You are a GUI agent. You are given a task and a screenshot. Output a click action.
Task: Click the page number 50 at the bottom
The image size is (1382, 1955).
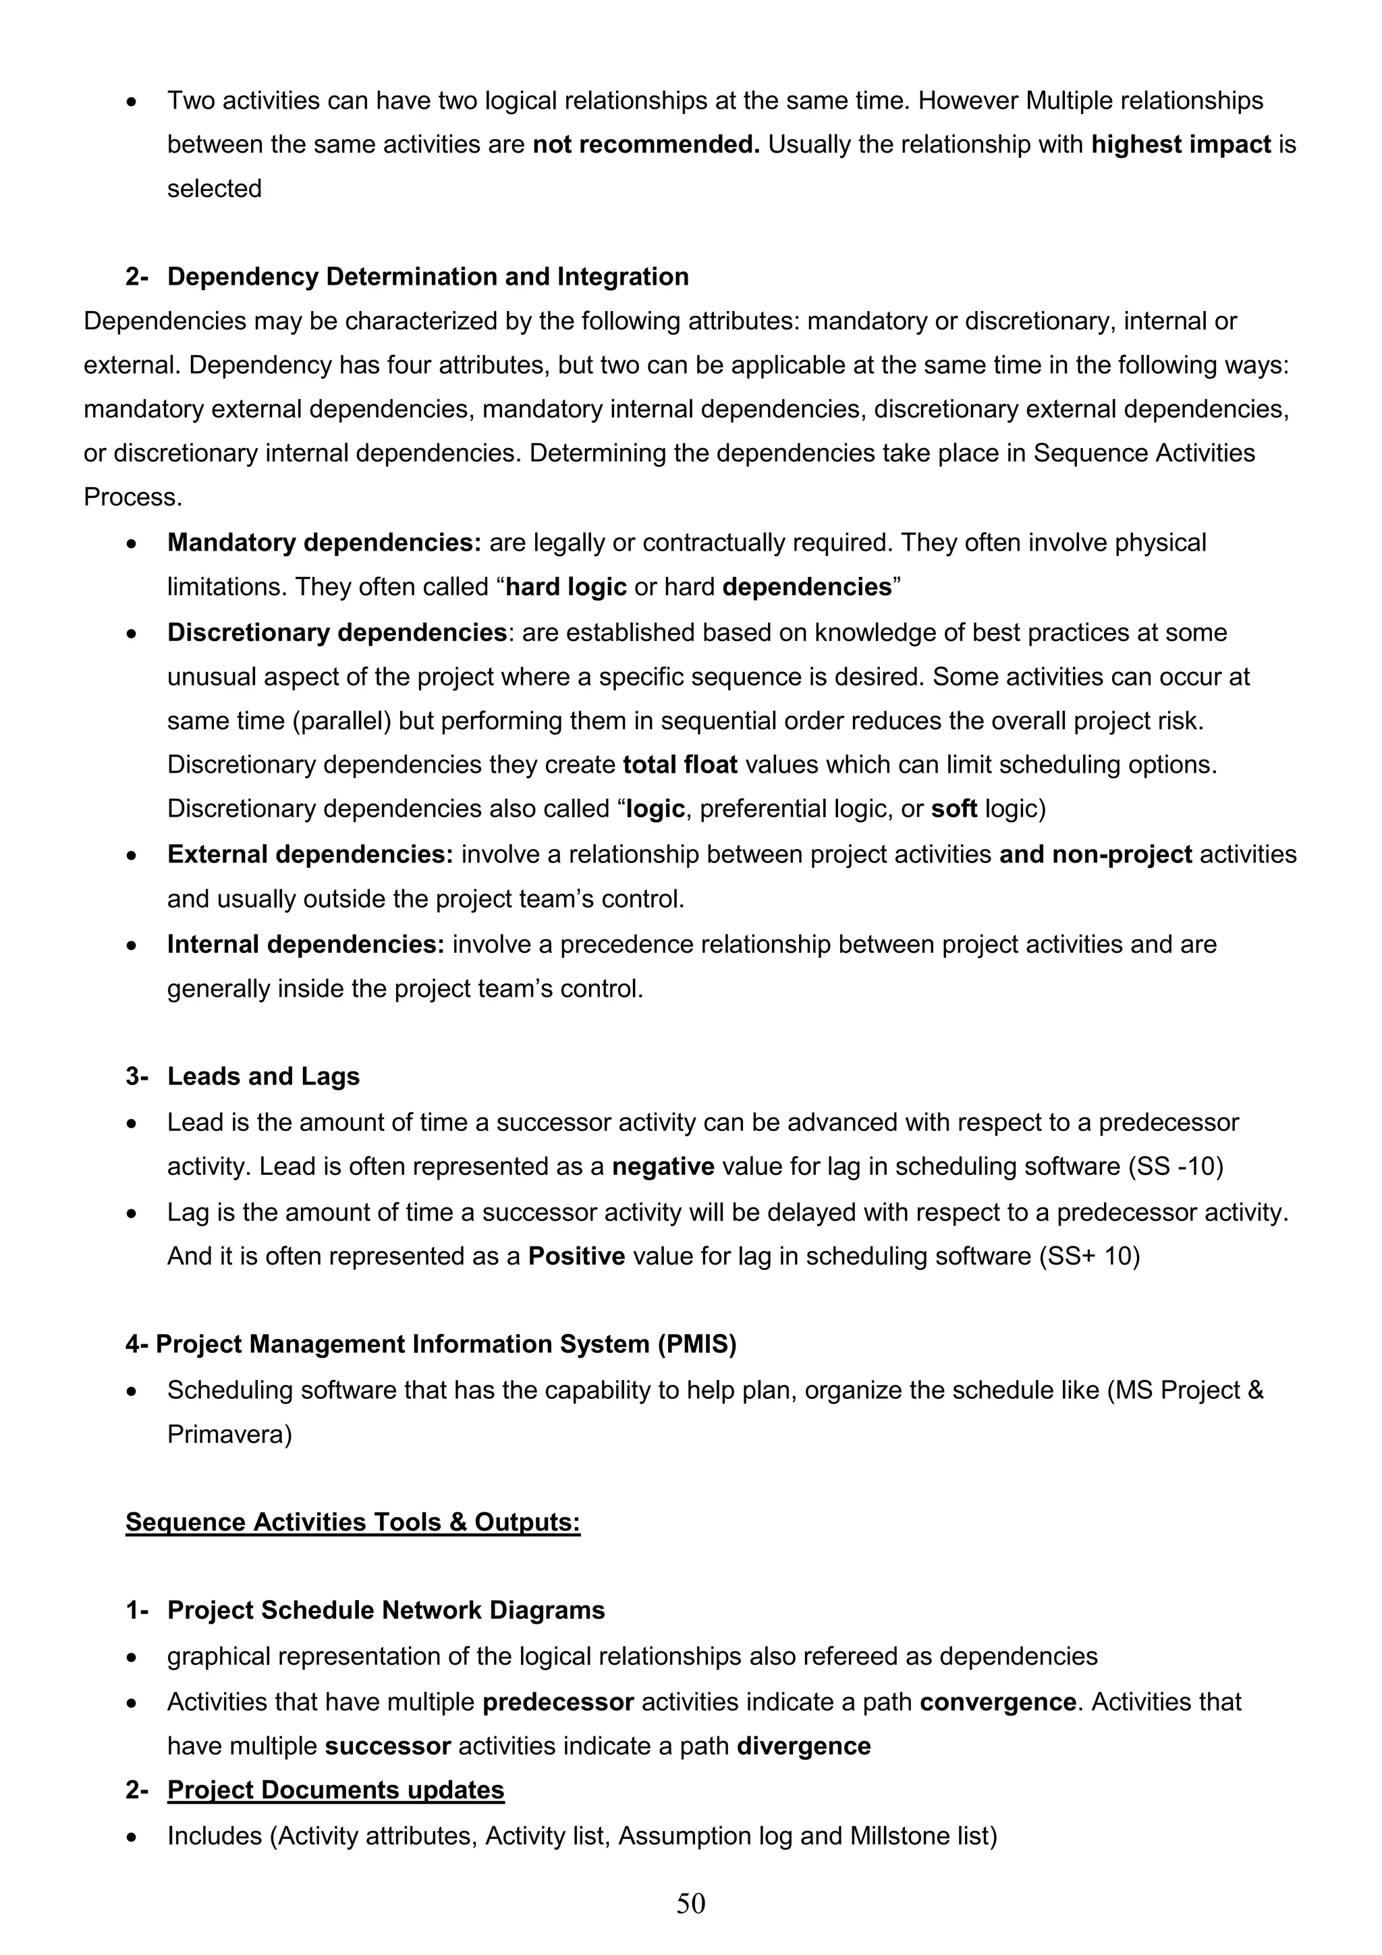tap(690, 1903)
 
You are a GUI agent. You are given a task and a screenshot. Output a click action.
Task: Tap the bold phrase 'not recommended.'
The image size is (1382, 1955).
tap(645, 144)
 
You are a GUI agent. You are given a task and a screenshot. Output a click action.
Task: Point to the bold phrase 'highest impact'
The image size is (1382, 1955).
tap(1180, 144)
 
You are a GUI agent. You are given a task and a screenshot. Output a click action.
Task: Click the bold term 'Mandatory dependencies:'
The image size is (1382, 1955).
tap(324, 543)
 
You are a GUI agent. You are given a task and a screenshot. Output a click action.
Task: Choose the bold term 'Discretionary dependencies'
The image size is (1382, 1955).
tap(337, 632)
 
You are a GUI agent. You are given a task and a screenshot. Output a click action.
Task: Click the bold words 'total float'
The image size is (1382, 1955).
tap(680, 765)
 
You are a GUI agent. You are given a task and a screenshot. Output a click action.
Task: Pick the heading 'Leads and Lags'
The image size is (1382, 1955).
tap(263, 1076)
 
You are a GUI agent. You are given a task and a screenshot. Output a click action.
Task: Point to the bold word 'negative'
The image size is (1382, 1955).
tap(663, 1167)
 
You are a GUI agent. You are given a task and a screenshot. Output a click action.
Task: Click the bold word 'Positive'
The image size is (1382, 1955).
tap(576, 1256)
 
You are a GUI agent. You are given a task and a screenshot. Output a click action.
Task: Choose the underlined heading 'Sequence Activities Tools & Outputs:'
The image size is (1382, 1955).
tap(352, 1522)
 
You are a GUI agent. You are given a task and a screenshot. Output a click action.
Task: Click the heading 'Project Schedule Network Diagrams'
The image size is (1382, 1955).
tap(386, 1610)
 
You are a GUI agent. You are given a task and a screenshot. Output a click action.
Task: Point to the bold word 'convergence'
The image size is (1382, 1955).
tap(997, 1702)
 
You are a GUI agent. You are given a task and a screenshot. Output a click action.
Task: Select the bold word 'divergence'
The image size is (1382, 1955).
tap(803, 1746)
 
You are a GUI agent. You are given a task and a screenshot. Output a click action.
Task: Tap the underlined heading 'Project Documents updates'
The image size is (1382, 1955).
tap(335, 1790)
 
